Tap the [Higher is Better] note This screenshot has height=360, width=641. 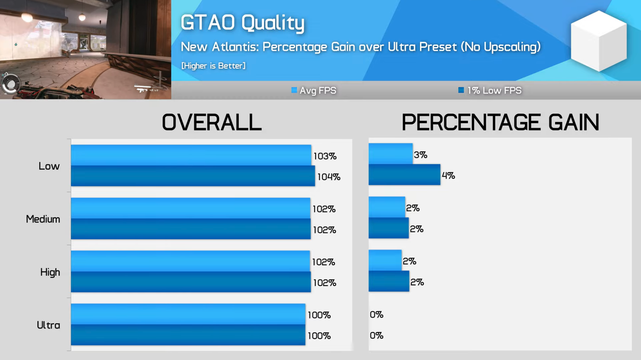pos(213,66)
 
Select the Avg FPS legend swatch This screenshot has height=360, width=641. pos(294,90)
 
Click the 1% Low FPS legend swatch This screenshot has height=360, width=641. pos(461,90)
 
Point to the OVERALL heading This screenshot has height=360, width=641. pos(212,122)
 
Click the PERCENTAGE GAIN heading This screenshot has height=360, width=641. pos(500,122)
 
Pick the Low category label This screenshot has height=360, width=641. pos(49,166)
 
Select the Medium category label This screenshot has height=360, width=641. pos(43,219)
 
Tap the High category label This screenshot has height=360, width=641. pos(50,272)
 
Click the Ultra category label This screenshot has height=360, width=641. pos(48,325)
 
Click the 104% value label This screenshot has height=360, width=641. pos(329,177)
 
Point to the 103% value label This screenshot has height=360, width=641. pos(325,156)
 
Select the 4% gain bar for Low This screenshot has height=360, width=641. pos(404,175)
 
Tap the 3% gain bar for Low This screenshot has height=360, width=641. pos(390,154)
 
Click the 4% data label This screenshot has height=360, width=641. pos(448,176)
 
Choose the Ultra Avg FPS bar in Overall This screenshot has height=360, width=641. pos(188,314)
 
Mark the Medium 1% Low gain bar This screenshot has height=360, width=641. pos(388,228)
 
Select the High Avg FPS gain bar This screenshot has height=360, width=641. pos(385,260)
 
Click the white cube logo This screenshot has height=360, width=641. pos(599,41)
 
